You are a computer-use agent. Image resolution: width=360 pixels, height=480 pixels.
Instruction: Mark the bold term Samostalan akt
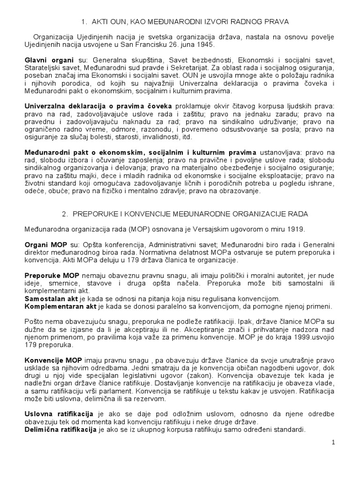coord(51,299)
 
